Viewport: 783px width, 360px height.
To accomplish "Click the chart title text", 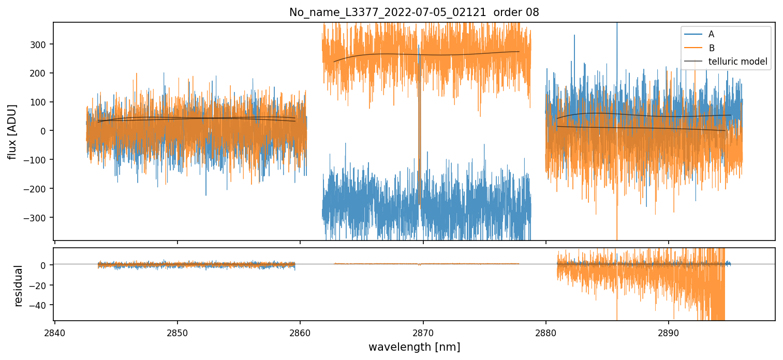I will pyautogui.click(x=414, y=12).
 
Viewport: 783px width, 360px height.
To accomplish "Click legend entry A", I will pyautogui.click(x=711, y=34).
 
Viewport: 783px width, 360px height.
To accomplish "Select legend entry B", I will pyautogui.click(x=711, y=48).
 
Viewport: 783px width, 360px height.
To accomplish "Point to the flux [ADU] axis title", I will pyautogui.click(x=12, y=131).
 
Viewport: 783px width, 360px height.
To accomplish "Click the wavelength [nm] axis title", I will pyautogui.click(x=414, y=347).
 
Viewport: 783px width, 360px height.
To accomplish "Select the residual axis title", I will pyautogui.click(x=19, y=286).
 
